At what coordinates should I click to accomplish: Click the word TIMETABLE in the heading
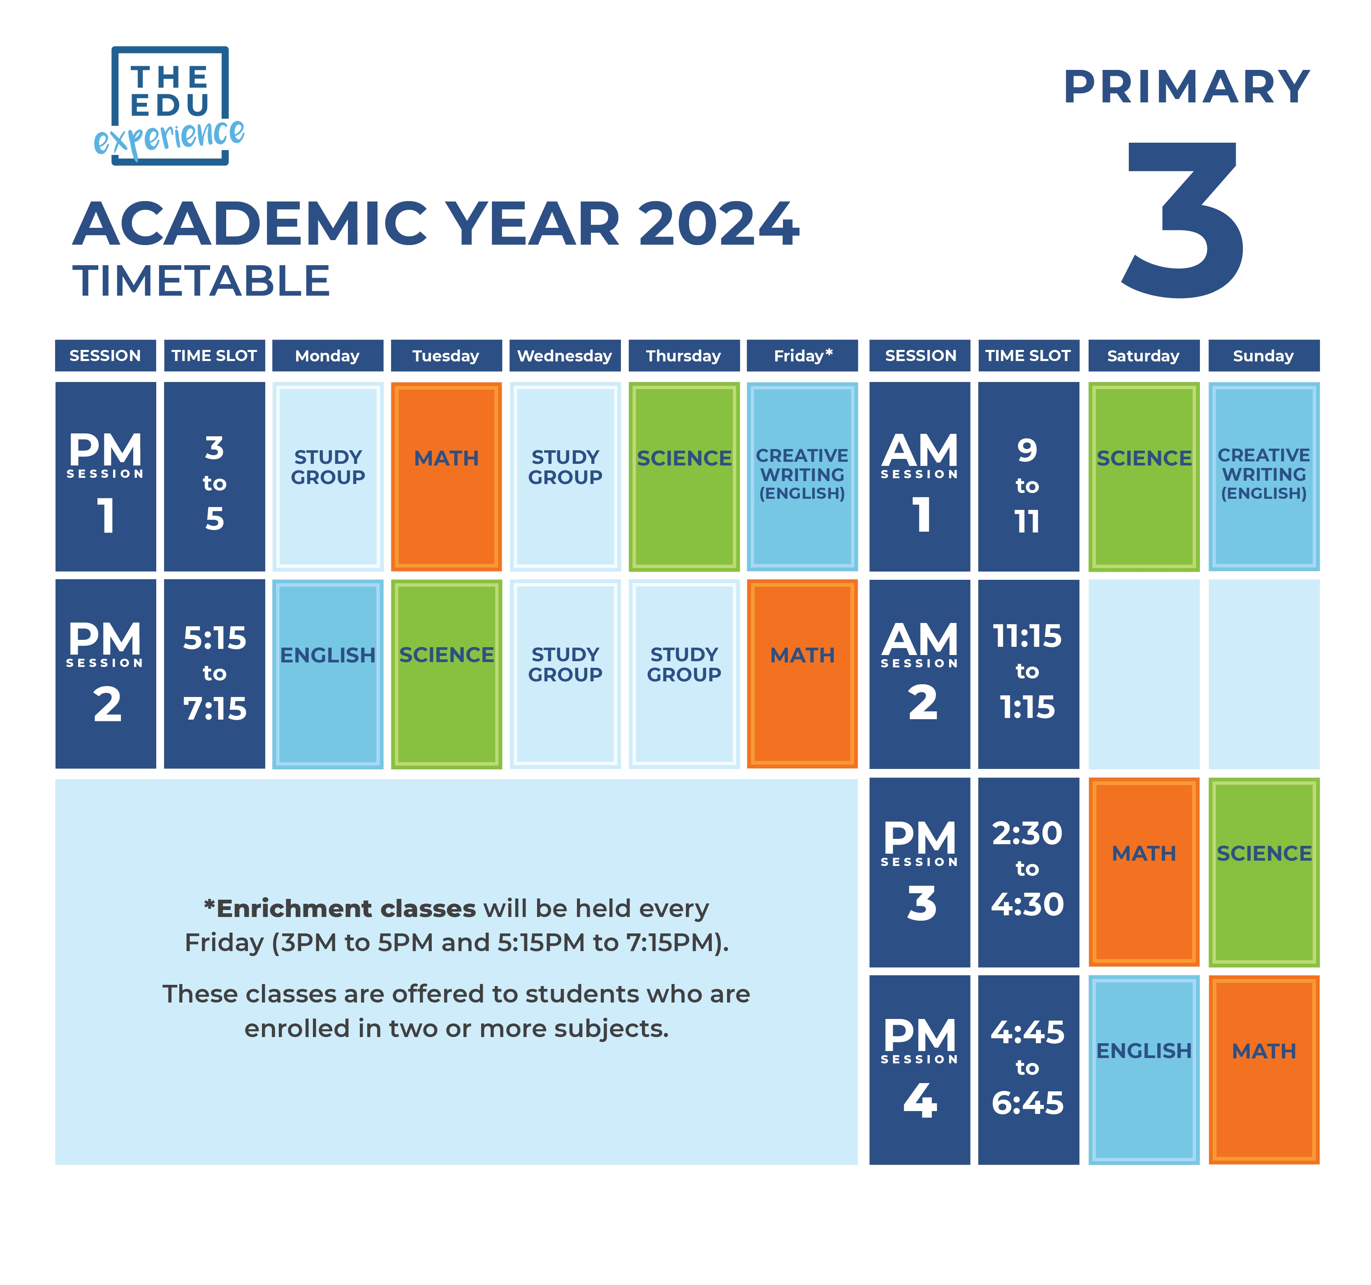[x=201, y=281]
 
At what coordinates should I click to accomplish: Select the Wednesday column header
[x=565, y=356]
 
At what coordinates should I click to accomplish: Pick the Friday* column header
[x=802, y=356]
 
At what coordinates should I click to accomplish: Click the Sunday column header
[x=1263, y=356]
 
